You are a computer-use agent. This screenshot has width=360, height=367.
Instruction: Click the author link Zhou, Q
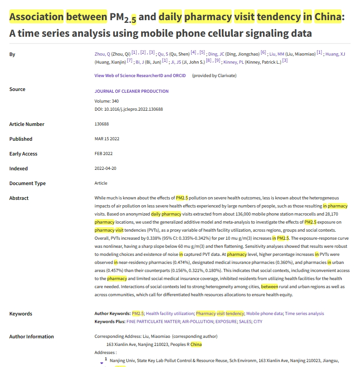tap(102, 54)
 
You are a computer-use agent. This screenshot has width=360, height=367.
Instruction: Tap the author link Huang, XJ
tap(335, 54)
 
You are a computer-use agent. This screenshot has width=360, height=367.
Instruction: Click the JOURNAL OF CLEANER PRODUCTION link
tap(131, 91)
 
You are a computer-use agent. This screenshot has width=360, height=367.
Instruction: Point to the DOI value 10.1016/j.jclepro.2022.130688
tap(133, 109)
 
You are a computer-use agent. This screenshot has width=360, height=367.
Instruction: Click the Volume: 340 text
tap(107, 101)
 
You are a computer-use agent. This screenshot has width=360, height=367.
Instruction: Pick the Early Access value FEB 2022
tap(104, 154)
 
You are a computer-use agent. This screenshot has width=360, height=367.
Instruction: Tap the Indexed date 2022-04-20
tap(106, 168)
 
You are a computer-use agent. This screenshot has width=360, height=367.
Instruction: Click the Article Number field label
tap(27, 124)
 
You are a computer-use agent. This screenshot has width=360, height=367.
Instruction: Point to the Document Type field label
tap(27, 183)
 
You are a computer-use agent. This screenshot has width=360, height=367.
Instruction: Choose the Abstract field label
tap(19, 198)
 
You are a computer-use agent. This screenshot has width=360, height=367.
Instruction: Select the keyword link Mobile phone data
tap(264, 314)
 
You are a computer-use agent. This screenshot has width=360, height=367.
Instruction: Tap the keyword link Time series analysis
tap(304, 314)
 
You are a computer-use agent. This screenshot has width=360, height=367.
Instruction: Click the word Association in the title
tap(36, 17)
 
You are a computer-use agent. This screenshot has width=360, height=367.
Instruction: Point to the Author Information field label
tap(31, 337)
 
